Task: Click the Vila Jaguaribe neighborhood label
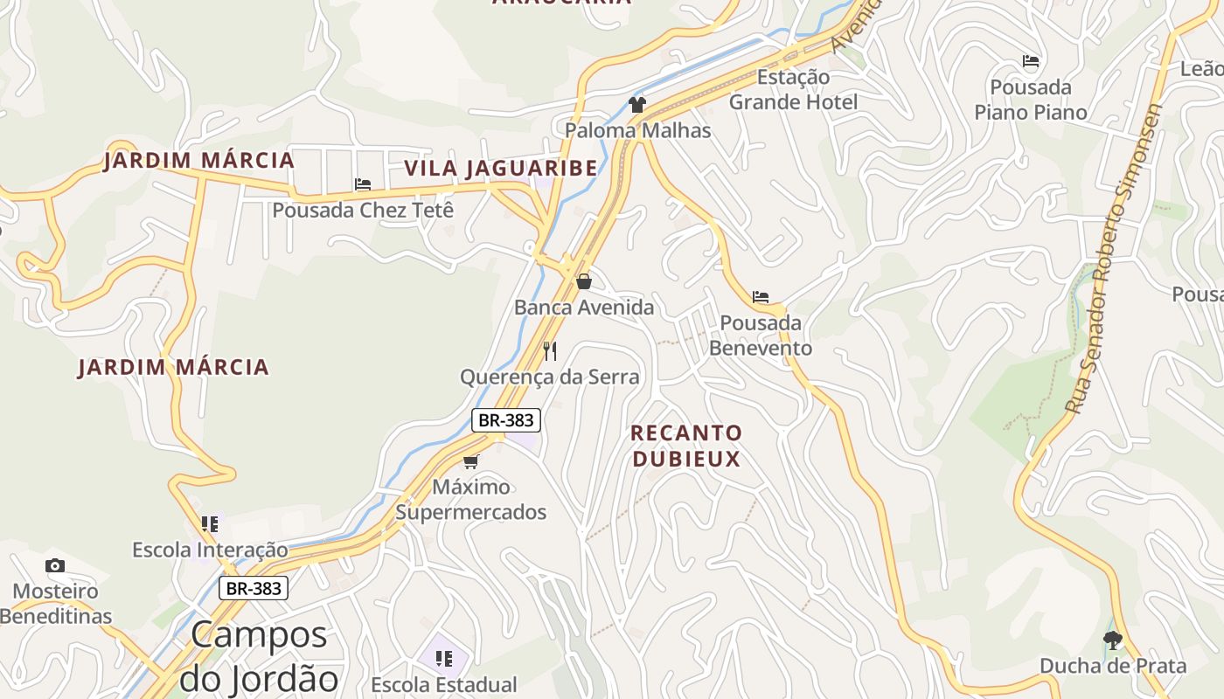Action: click(500, 168)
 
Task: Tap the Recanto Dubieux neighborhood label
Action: click(686, 446)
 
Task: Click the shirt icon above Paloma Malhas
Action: click(637, 106)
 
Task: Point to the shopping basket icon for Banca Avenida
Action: click(584, 281)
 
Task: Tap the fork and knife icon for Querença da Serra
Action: click(550, 351)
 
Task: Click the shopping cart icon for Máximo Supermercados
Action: click(471, 461)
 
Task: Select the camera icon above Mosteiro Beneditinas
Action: click(55, 566)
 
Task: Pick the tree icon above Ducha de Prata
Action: click(1113, 640)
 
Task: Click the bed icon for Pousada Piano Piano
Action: click(1031, 61)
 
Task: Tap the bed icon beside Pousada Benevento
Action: click(761, 297)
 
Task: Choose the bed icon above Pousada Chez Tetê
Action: click(363, 184)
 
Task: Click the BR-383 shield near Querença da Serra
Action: click(506, 420)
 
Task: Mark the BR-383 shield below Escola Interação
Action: click(254, 588)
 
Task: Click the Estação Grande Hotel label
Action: click(793, 90)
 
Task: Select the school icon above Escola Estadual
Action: click(444, 658)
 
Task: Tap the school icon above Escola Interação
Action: click(210, 524)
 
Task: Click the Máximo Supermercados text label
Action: click(471, 499)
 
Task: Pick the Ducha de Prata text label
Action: click(1113, 666)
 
